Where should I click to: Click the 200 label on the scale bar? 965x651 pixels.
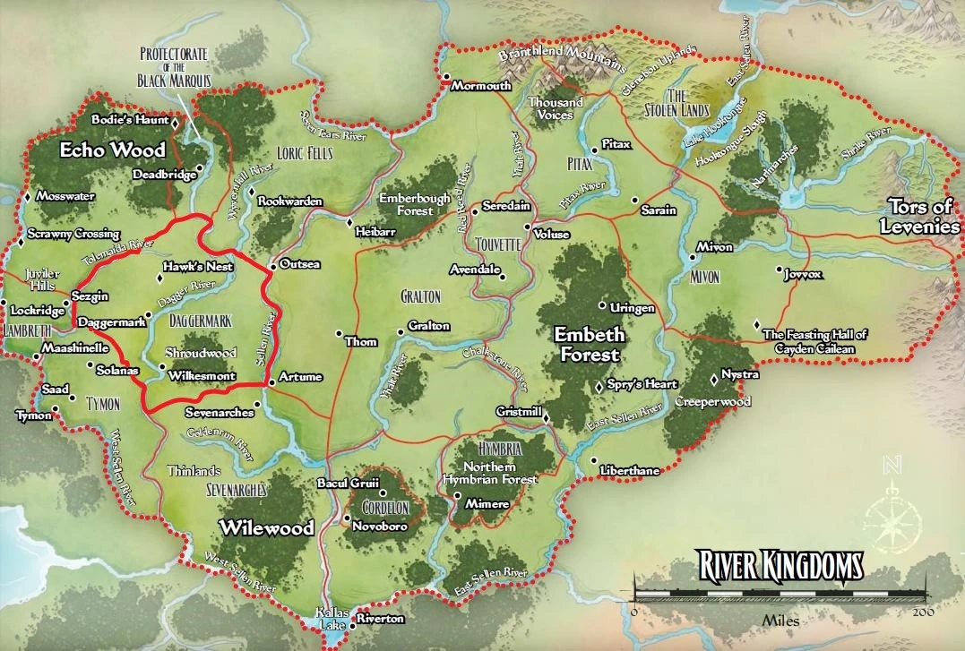click(923, 612)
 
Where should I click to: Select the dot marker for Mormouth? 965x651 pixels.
click(444, 77)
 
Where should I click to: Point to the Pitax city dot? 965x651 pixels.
click(594, 150)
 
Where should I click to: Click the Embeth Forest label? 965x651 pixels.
click(587, 344)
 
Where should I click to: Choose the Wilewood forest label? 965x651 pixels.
click(269, 527)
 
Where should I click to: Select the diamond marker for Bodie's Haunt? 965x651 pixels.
click(175, 121)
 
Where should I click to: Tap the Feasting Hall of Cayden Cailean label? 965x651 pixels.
click(814, 340)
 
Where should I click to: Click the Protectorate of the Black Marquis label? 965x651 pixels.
click(175, 68)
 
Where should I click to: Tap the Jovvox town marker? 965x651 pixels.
click(778, 268)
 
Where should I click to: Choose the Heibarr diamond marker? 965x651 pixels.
click(349, 221)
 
